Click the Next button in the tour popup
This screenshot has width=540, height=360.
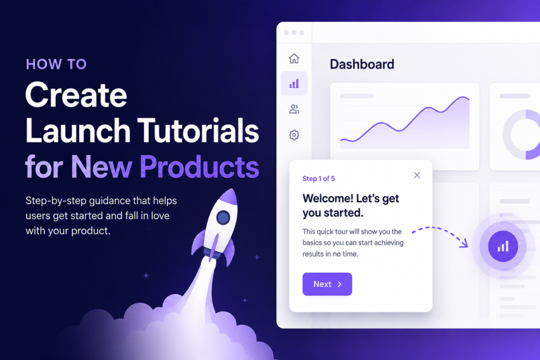[327, 284]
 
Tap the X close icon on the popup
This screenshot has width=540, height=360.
[417, 175]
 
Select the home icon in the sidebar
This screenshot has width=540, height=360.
[294, 58]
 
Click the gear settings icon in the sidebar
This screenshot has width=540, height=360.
[294, 134]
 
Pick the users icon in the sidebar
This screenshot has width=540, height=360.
[294, 109]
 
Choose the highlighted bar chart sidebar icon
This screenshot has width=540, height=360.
[294, 84]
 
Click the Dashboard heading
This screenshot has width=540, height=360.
[362, 65]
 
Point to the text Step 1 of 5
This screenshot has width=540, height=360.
[318, 178]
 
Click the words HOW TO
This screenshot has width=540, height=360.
[56, 65]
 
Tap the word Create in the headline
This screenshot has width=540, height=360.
[76, 95]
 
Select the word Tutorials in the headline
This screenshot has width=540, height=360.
[198, 131]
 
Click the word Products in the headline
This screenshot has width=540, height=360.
[200, 166]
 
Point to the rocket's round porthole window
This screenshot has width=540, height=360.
[223, 217]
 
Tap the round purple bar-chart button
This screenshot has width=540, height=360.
[503, 246]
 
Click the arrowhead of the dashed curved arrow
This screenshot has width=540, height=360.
[464, 244]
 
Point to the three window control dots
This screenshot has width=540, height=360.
[294, 33]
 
